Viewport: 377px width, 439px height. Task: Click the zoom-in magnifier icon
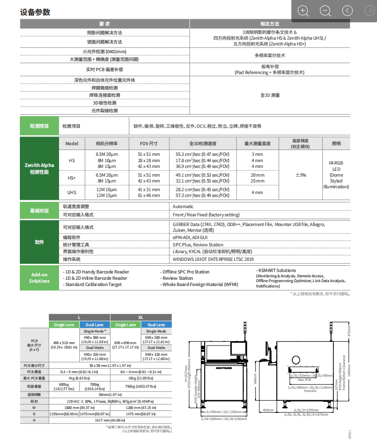[303, 11]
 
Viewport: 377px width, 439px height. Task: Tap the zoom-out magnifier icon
[325, 11]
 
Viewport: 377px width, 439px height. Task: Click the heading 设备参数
[35, 12]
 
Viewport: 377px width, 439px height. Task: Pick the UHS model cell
[71, 192]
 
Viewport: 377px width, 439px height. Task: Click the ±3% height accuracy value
[300, 175]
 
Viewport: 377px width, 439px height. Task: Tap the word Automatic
[183, 207]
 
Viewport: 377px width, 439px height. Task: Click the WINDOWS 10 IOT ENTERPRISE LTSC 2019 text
[213, 259]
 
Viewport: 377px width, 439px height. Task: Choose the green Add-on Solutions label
[39, 278]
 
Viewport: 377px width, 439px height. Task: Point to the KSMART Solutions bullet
[277, 271]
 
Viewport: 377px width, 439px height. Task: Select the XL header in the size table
[140, 317]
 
